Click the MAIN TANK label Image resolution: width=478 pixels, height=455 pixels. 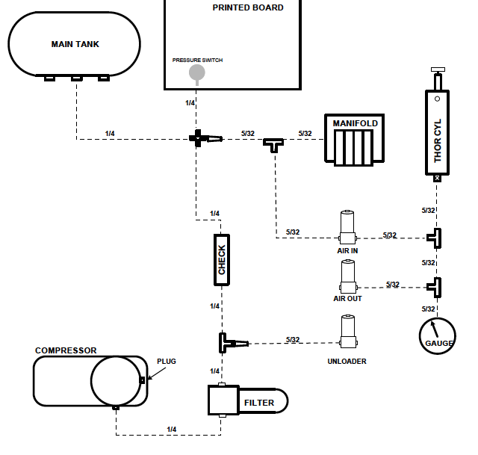point(75,44)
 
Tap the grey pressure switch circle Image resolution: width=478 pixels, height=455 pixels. point(196,72)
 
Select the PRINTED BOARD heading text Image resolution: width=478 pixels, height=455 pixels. point(248,7)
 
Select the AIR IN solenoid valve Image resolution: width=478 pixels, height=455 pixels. point(347,227)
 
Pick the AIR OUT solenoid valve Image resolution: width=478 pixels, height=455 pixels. point(347,277)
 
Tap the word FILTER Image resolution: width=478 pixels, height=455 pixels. point(259,403)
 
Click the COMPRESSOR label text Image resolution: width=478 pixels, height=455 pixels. point(66,350)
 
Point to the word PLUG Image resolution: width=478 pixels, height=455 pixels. point(167,362)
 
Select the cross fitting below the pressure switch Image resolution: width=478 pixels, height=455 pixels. point(199,138)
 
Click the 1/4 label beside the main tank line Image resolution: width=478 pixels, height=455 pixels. point(110,134)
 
